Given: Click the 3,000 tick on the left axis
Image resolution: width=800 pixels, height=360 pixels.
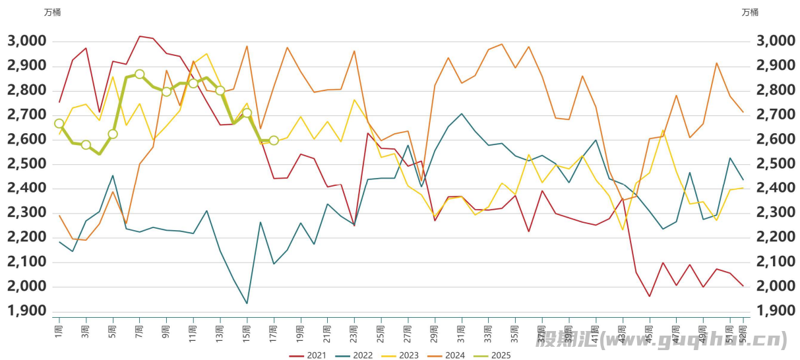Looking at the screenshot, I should tap(26, 41).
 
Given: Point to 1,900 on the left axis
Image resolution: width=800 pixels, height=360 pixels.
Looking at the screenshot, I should tap(26, 311).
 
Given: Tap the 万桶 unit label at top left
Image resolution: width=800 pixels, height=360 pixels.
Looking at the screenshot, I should tap(52, 12).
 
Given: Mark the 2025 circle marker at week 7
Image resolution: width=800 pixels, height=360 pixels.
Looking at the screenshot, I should tap(140, 75).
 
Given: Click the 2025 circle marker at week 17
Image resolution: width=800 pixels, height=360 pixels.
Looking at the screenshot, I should tap(274, 140).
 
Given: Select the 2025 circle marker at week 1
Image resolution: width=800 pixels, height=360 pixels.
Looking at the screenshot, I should tap(59, 123).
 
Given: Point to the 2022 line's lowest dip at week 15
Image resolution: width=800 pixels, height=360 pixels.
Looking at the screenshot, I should tap(247, 303).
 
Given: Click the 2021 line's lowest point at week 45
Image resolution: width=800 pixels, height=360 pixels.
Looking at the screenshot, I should tap(650, 296).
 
